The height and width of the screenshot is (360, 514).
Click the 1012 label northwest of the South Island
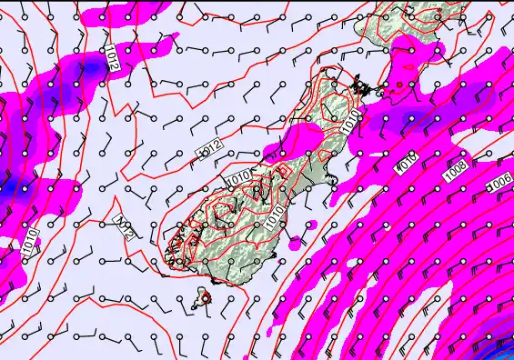click(x=211, y=145)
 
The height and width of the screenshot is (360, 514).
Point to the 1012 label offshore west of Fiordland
click(x=126, y=225)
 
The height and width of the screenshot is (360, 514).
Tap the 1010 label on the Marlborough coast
click(x=351, y=120)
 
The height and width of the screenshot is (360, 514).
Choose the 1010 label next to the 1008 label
click(x=406, y=161)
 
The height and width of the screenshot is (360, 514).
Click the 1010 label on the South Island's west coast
click(x=239, y=180)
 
